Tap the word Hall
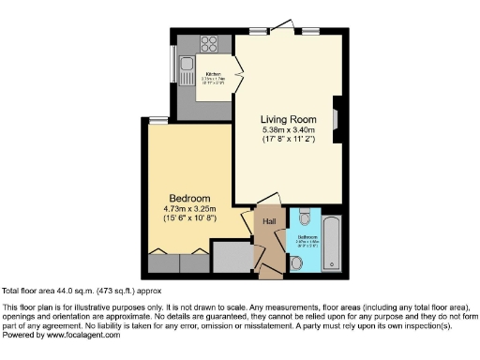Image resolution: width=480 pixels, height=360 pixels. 268,221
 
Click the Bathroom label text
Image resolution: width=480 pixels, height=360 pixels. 307,237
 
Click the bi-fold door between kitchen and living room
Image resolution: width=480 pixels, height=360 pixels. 238,69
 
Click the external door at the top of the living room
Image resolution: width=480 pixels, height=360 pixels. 280,29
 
